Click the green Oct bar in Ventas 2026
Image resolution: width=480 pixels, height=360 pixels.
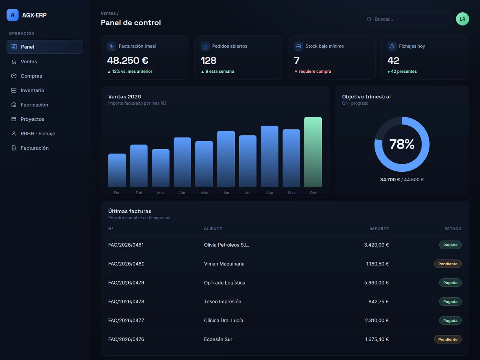pos(313,152)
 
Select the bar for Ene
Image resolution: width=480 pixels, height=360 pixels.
pos(117,170)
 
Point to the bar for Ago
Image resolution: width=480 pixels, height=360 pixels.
pos(269,156)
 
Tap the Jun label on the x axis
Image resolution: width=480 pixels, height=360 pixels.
pos(226,193)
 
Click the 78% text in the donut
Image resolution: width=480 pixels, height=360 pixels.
pos(402,144)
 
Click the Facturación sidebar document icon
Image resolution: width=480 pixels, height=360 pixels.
pos(14,148)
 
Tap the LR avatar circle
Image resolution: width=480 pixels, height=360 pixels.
pos(462,19)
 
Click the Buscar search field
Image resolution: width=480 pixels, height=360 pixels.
pos(407,19)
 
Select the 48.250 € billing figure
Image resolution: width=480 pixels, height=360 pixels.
pos(128,60)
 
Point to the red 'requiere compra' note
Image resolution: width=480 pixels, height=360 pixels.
pos(315,72)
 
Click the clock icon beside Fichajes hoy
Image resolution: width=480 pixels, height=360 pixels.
pos(392,46)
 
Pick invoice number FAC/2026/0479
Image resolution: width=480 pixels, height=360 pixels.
pos(126,283)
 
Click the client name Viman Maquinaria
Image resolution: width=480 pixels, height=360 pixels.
pos(224,264)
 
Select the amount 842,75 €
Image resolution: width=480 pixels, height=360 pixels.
pos(378,301)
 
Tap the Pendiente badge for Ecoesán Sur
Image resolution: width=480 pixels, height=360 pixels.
pos(448,339)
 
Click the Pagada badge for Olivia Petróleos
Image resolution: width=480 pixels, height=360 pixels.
pos(450,245)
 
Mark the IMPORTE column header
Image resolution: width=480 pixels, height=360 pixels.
pos(379,229)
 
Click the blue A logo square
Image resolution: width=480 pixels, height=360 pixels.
pos(12,15)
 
